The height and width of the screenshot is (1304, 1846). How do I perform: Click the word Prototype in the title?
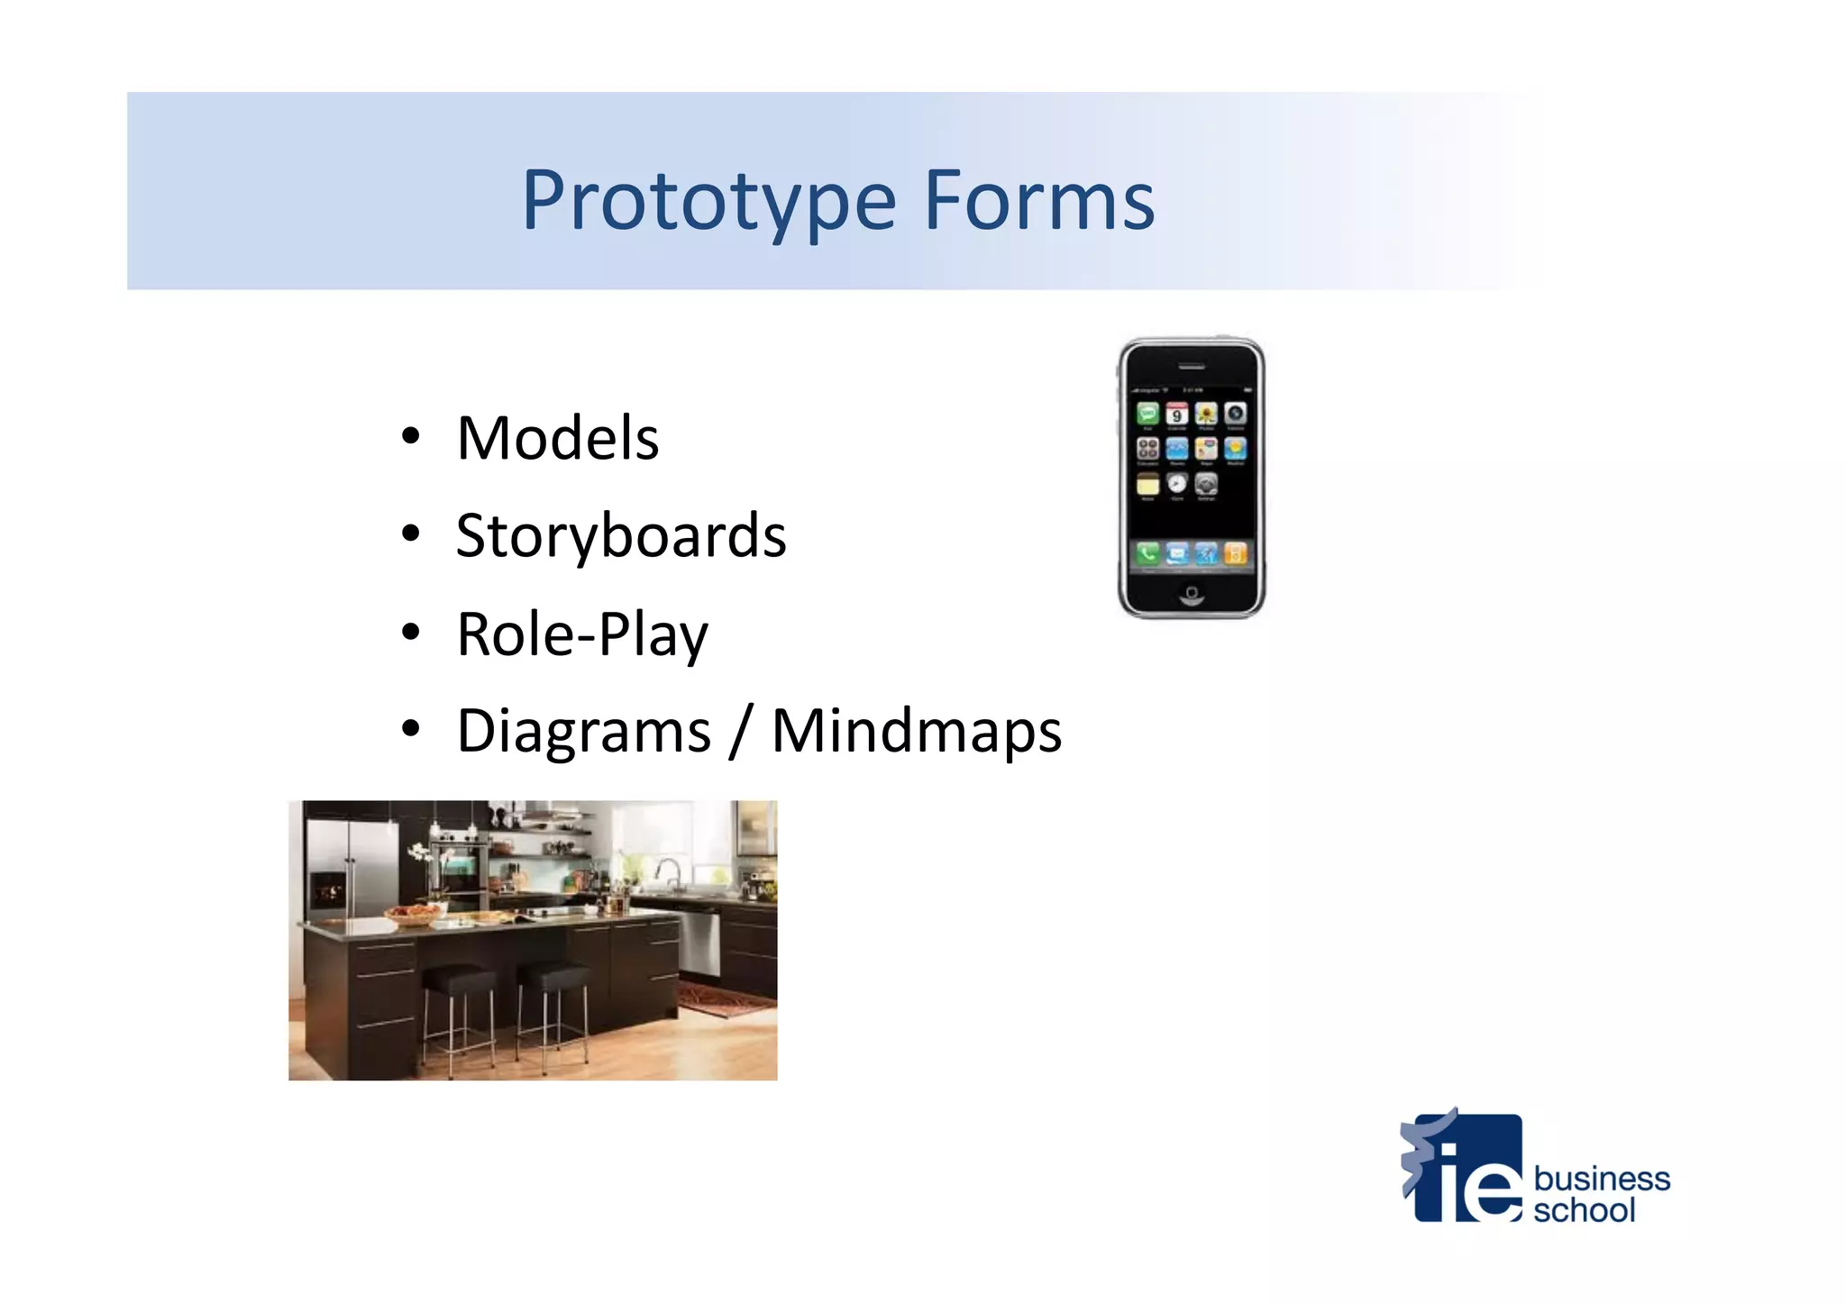(708, 201)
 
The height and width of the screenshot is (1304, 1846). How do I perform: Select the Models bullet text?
(557, 439)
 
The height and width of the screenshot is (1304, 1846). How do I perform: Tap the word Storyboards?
(621, 536)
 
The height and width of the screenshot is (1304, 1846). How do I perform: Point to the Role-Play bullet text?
(582, 634)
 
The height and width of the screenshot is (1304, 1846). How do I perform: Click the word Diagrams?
(584, 731)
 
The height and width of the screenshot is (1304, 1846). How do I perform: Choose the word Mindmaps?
(917, 731)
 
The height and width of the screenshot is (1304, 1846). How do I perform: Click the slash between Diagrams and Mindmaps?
(741, 731)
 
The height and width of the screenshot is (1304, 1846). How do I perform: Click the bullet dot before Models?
(411, 437)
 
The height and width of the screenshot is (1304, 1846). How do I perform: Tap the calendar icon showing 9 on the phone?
(1176, 414)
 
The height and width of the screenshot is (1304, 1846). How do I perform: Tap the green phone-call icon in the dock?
(1147, 553)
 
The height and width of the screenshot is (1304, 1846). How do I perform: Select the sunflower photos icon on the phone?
(1206, 414)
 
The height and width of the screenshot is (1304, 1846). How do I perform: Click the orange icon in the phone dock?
(1236, 553)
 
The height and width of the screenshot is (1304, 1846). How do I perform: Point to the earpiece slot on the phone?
(1192, 367)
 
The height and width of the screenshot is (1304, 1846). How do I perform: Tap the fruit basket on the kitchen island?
(413, 915)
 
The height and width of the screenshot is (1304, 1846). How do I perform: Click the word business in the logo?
(1601, 1179)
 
